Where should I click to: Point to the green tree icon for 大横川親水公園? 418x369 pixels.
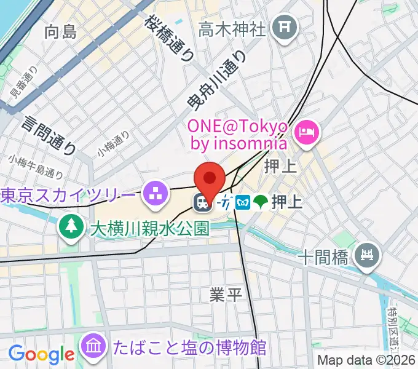pos(71,226)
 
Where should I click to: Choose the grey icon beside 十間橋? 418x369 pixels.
pos(368,253)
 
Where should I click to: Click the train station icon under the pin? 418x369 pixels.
pos(201,202)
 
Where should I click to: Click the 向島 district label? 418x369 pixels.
pos(61,33)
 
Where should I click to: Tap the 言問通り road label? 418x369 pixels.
pos(49,133)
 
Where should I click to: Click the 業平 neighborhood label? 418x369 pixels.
pos(226,295)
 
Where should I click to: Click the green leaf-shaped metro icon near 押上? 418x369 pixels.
pos(261,202)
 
